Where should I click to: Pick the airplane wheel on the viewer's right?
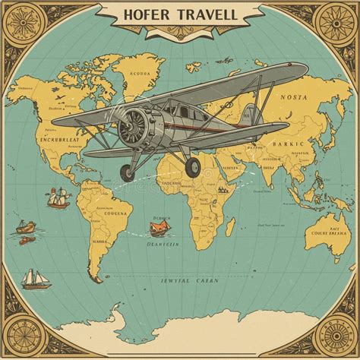coord(193,166)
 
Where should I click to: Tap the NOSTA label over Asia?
coord(294,97)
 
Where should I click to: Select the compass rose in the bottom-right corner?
coord(335,335)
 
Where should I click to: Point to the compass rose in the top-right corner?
coord(335,24)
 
